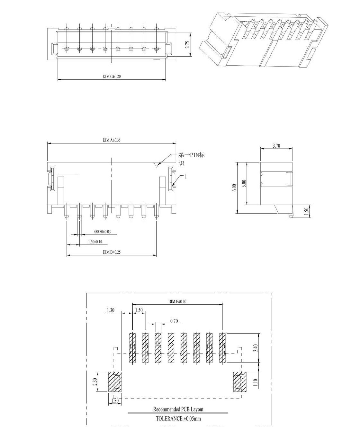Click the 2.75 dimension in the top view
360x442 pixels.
(187, 45)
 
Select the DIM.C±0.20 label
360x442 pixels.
(112, 76)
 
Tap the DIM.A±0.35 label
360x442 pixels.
(112, 140)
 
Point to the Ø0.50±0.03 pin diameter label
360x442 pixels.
(103, 232)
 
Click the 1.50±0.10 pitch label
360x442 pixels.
(95, 242)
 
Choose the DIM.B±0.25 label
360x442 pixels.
(112, 252)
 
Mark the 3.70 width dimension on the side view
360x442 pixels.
(276, 146)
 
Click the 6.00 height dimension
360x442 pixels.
(234, 188)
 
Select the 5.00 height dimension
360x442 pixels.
(244, 183)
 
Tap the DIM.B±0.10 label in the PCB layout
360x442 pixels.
(177, 301)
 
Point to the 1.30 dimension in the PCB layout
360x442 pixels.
(111, 310)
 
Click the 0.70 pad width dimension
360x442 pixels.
(174, 321)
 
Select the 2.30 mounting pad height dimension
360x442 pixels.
(95, 382)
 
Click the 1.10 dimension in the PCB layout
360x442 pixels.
(256, 382)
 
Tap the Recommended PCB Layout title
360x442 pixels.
(178, 409)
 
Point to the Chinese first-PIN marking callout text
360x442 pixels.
(191, 159)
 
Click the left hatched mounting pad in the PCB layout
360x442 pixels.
(115, 382)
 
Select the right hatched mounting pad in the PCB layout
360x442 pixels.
(240, 382)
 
